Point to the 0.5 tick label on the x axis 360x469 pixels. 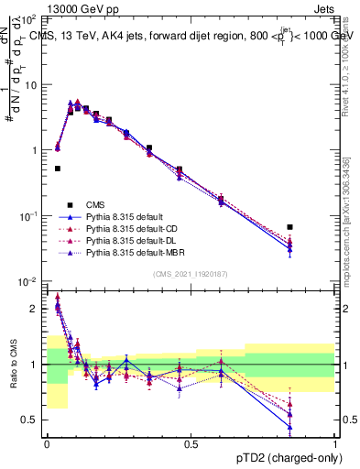(191, 443)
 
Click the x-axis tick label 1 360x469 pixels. (335, 443)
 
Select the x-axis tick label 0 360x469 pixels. (47, 443)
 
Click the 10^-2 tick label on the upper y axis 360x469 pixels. (29, 281)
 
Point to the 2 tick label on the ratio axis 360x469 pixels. (35, 309)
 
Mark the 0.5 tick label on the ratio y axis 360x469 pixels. (31, 420)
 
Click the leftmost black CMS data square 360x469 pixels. (58, 169)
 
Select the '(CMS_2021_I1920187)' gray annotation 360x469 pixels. (191, 274)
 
